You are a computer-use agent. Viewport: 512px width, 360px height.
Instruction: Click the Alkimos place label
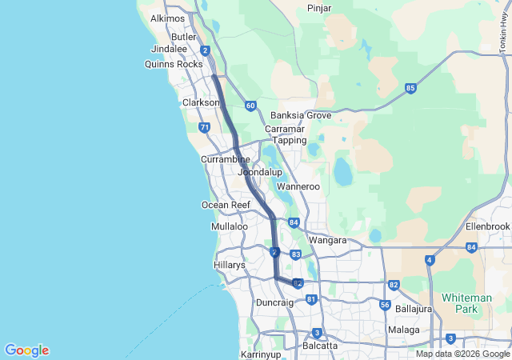tap(167, 18)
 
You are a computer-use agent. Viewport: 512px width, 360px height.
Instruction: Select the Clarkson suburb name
tap(201, 102)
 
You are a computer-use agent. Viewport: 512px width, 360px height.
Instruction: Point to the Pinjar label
tap(320, 8)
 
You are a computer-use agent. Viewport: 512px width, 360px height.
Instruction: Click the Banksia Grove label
tap(301, 115)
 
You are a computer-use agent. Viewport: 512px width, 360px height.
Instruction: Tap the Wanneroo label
tap(298, 187)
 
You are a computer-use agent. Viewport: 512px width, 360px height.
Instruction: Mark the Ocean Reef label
tap(226, 205)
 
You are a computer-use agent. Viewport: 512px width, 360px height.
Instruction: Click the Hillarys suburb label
tap(230, 264)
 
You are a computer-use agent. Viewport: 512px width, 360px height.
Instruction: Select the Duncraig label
tap(275, 302)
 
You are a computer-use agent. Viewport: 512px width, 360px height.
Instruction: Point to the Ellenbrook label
tap(487, 226)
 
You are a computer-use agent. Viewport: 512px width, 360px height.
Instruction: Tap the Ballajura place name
tap(414, 308)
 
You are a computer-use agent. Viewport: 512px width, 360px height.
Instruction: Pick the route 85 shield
tap(410, 88)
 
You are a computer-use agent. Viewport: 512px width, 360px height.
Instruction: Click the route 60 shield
tap(250, 106)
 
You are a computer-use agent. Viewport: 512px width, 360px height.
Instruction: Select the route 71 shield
tap(205, 127)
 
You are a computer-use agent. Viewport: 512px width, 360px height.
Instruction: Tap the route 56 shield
tap(385, 305)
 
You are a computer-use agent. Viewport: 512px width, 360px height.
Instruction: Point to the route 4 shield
tap(430, 260)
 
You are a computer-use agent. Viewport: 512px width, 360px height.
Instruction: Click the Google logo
tap(26, 350)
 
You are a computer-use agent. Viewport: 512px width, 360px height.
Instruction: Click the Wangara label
tap(328, 240)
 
